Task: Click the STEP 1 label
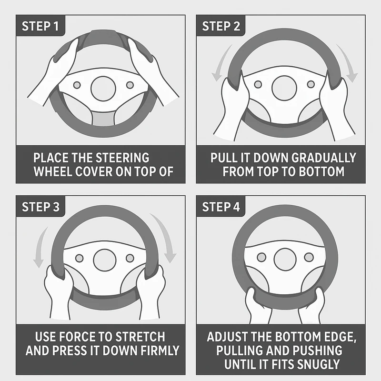click(x=40, y=26)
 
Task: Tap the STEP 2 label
click(x=221, y=26)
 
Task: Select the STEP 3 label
click(x=40, y=207)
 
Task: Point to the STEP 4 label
click(x=221, y=207)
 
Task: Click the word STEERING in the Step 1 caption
click(x=122, y=158)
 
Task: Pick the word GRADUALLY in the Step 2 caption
click(x=323, y=158)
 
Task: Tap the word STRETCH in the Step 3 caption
click(x=140, y=337)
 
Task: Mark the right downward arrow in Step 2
click(x=348, y=64)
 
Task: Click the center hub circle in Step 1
click(x=103, y=89)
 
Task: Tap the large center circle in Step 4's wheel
click(x=285, y=259)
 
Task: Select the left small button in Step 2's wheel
click(x=258, y=85)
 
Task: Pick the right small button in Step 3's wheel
click(x=130, y=258)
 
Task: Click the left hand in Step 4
click(x=257, y=307)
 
